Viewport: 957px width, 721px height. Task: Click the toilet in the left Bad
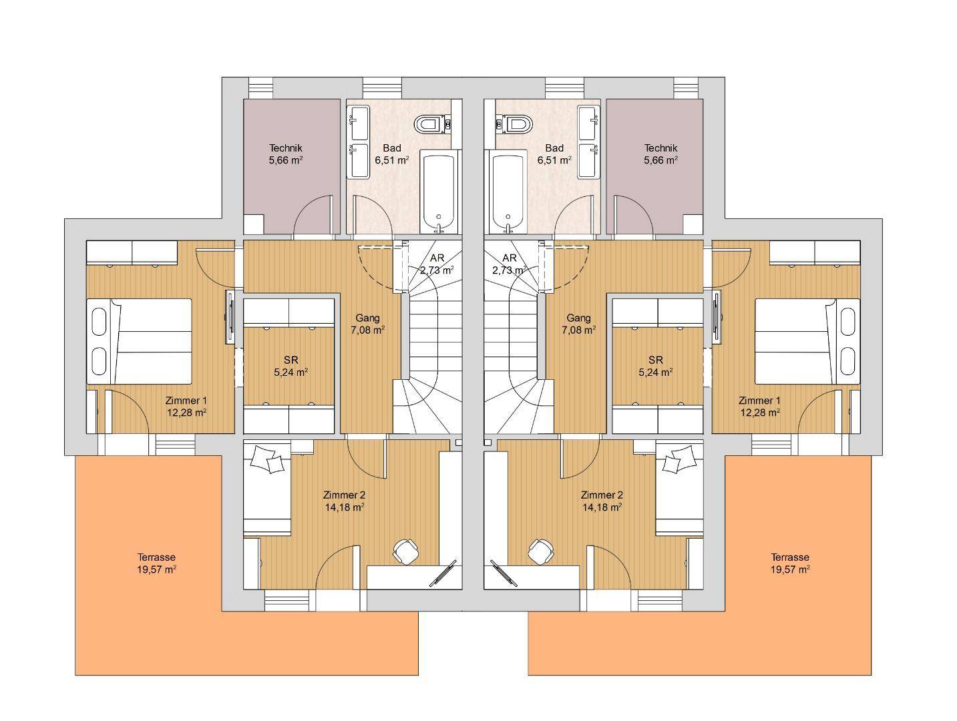[x=432, y=124]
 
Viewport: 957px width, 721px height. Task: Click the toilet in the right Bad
[x=514, y=124]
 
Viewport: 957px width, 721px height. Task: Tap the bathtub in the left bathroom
[x=439, y=192]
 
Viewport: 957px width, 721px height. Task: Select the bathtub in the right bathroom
[x=508, y=192]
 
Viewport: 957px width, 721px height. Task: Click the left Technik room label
[x=286, y=148]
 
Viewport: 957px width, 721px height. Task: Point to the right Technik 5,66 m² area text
[x=661, y=160]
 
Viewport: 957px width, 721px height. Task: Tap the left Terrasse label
[x=156, y=557]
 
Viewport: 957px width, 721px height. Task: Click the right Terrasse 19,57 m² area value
[x=790, y=569]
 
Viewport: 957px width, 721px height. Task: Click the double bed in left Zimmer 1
[x=139, y=341]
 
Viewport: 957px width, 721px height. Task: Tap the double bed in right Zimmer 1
[x=807, y=341]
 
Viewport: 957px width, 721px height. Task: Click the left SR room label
[x=291, y=360]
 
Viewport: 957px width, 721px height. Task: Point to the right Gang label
[x=578, y=318]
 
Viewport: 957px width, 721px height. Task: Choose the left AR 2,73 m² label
[x=437, y=264]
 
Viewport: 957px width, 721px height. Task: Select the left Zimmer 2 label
[x=344, y=495]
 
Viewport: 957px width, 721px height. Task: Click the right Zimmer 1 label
[x=759, y=401]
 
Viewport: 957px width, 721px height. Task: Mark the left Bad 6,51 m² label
[x=392, y=154]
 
